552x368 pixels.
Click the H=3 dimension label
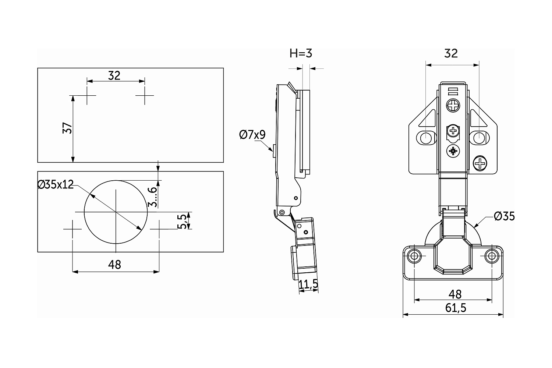click(301, 53)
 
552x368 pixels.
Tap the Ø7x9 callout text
click(252, 135)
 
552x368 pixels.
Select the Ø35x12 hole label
click(56, 184)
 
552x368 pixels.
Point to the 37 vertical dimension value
click(67, 128)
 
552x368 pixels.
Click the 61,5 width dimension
click(456, 308)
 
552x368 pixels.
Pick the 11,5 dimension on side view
click(308, 284)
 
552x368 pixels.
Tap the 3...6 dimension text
click(152, 197)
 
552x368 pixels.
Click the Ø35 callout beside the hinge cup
click(504, 216)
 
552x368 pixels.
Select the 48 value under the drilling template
click(114, 265)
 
